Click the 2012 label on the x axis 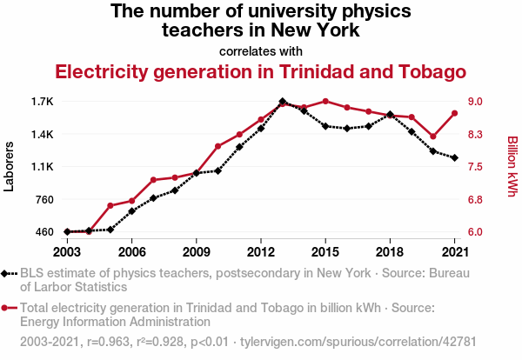(260, 252)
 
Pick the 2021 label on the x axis (454, 252)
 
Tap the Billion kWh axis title (512, 167)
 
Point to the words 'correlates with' (260, 50)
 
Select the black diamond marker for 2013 (283, 102)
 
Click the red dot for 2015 (325, 102)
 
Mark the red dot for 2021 (454, 113)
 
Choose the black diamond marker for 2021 (454, 157)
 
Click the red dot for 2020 (433, 137)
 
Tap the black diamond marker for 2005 (110, 230)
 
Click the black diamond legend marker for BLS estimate (10, 273)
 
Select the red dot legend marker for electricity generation (10, 308)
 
